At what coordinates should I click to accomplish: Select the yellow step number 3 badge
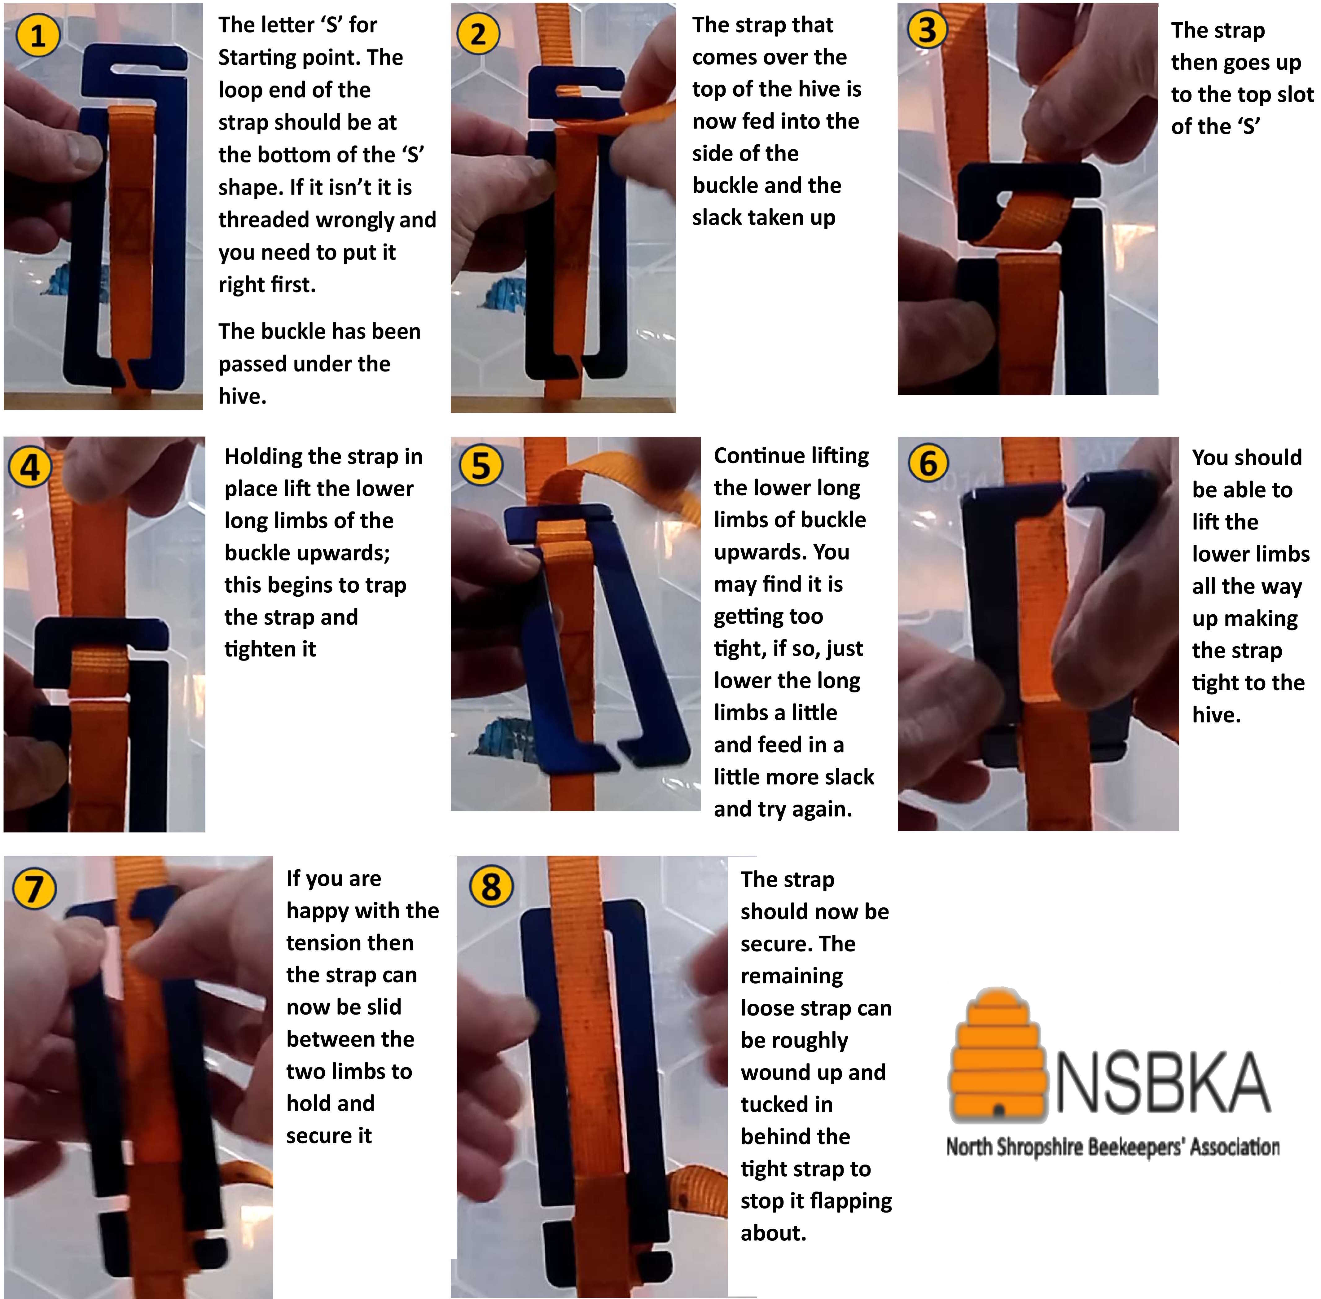click(x=927, y=30)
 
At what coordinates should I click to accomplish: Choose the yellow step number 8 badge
click(x=491, y=886)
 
